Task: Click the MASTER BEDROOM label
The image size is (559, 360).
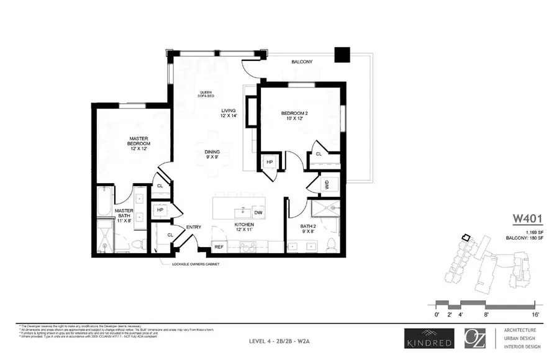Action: click(142, 143)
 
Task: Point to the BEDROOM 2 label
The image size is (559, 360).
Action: click(294, 117)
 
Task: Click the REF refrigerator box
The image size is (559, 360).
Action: click(219, 247)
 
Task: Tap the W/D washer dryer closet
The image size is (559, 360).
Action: click(326, 184)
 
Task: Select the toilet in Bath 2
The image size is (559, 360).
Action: click(331, 243)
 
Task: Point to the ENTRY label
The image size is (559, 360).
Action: click(194, 228)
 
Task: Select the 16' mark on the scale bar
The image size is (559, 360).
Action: click(535, 315)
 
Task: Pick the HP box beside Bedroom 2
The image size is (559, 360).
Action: click(270, 162)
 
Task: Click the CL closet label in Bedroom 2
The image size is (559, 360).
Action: click(319, 154)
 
